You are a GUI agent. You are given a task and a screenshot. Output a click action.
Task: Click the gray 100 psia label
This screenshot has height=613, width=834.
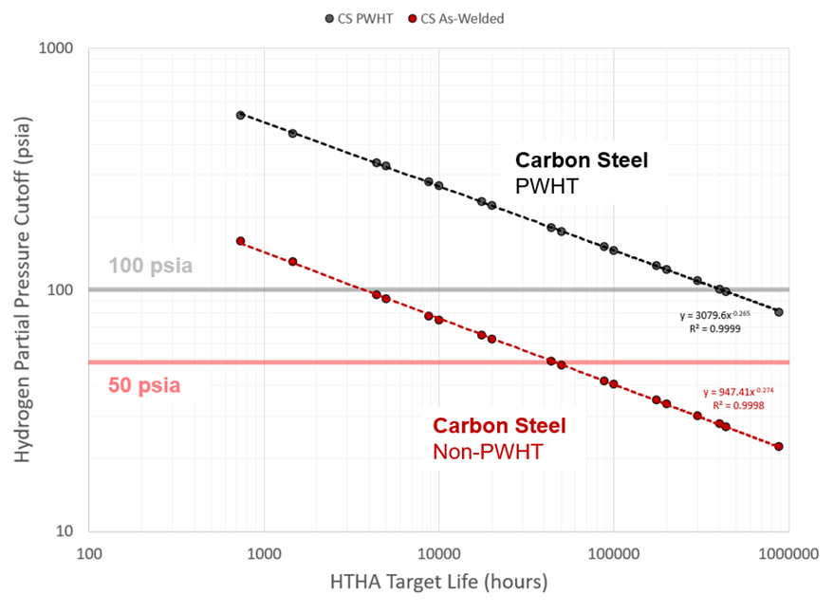click(x=150, y=266)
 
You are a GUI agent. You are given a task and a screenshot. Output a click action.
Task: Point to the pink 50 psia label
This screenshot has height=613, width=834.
click(x=140, y=386)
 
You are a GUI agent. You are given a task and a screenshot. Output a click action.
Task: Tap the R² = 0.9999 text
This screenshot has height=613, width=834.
click(x=715, y=328)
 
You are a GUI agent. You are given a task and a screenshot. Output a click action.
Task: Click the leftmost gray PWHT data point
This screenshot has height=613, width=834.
click(x=240, y=115)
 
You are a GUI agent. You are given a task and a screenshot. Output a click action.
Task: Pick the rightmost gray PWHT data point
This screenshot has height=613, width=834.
click(x=779, y=312)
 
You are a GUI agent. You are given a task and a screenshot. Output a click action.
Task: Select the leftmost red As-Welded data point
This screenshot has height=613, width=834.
click(x=240, y=241)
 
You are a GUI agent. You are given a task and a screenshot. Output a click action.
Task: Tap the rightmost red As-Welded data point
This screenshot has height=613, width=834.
click(x=779, y=446)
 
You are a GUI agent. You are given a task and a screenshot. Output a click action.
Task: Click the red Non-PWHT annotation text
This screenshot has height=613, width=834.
click(x=488, y=452)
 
